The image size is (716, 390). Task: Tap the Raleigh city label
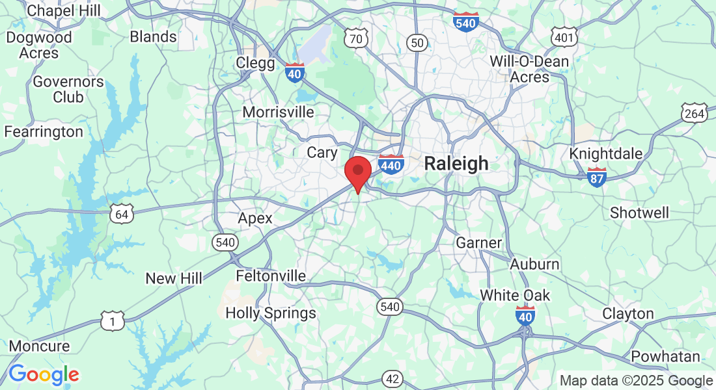(456, 163)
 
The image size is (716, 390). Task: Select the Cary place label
(322, 152)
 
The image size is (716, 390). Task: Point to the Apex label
(255, 218)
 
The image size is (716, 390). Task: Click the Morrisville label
(278, 112)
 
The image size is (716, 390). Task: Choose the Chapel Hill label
(64, 10)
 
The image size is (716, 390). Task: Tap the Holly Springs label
(271, 313)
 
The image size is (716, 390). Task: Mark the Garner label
(478, 243)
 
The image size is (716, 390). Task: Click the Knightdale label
(605, 154)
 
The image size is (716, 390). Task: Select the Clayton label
(627, 313)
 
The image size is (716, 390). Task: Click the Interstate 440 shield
(391, 165)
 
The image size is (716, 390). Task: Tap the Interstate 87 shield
(597, 177)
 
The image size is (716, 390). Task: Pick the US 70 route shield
(355, 38)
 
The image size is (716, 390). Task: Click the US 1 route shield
(112, 320)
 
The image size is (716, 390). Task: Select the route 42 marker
(392, 379)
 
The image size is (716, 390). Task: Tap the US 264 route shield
(695, 114)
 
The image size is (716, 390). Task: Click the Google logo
(44, 374)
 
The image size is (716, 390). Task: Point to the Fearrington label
(44, 132)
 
